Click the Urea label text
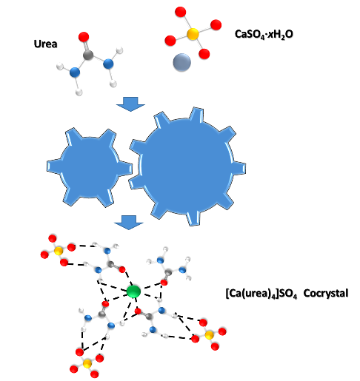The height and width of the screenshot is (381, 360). [45, 44]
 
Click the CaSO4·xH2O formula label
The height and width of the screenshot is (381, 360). [264, 34]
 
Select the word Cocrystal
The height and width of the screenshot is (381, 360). [326, 294]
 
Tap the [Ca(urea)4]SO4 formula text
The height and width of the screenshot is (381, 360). [261, 294]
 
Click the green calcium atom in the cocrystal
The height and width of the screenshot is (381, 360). [133, 291]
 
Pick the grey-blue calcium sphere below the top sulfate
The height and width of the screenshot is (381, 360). [181, 62]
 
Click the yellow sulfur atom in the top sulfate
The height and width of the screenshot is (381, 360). [193, 34]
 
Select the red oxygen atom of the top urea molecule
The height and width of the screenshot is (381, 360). [84, 37]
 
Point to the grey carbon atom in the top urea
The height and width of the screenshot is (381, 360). [88, 55]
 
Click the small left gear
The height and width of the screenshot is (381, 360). [90, 167]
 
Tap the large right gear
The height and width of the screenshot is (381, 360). [187, 166]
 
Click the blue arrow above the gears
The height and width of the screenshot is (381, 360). [130, 104]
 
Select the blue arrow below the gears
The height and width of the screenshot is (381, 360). [128, 223]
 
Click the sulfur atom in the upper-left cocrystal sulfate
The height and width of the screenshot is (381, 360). [59, 252]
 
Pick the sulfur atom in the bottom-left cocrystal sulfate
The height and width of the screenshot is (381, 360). [87, 363]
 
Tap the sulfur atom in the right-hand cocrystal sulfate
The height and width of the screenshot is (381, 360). [209, 335]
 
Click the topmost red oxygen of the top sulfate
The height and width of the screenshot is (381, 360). [180, 12]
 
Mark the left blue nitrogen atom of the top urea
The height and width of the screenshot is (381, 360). [75, 73]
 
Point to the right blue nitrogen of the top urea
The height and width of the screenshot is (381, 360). [108, 64]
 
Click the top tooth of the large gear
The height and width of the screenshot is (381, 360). [197, 115]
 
